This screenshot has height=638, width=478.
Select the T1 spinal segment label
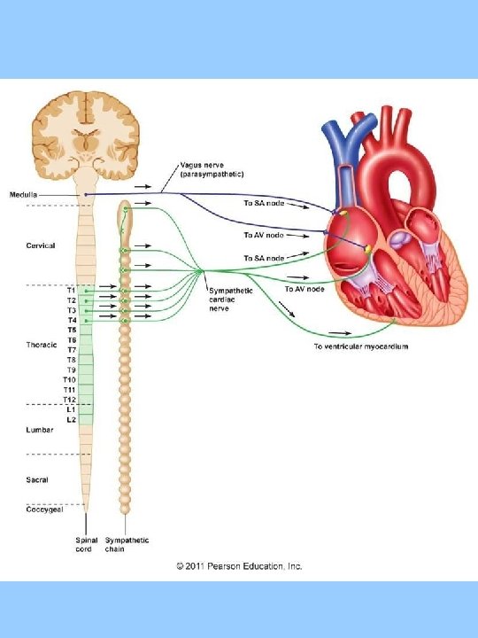[71, 290]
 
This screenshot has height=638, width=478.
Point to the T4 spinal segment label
[71, 320]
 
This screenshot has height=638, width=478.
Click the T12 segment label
[69, 399]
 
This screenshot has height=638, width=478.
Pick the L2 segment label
[71, 419]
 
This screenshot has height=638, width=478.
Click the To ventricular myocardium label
[360, 346]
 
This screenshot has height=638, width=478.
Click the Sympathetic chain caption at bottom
[127, 545]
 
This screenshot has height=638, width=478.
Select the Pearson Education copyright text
[239, 565]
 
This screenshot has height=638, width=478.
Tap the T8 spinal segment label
[71, 360]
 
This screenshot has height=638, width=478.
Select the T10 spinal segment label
[69, 379]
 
